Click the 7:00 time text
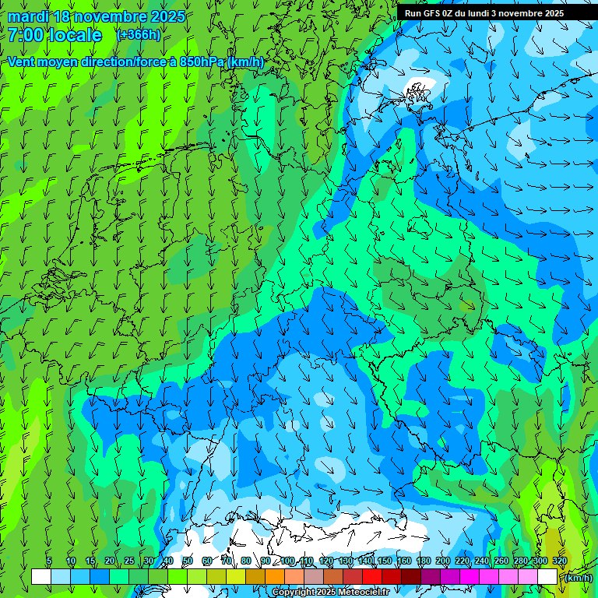pyautogui.click(x=26, y=35)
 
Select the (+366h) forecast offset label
pyautogui.click(x=139, y=35)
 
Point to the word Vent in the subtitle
pyautogui.click(x=23, y=62)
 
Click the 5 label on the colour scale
pyautogui.click(x=49, y=561)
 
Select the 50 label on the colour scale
pyautogui.click(x=187, y=561)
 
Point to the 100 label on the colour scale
pyautogui.click(x=287, y=561)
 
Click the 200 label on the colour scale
pyautogui.click(x=443, y=561)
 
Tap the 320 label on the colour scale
pyautogui.click(x=559, y=561)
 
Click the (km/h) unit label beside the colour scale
pyautogui.click(x=578, y=577)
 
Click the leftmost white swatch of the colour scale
pyautogui.click(x=41, y=577)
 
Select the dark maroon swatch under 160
pyautogui.click(x=410, y=577)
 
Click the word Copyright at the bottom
pyautogui.click(x=294, y=593)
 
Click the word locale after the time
pyautogui.click(x=76, y=35)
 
